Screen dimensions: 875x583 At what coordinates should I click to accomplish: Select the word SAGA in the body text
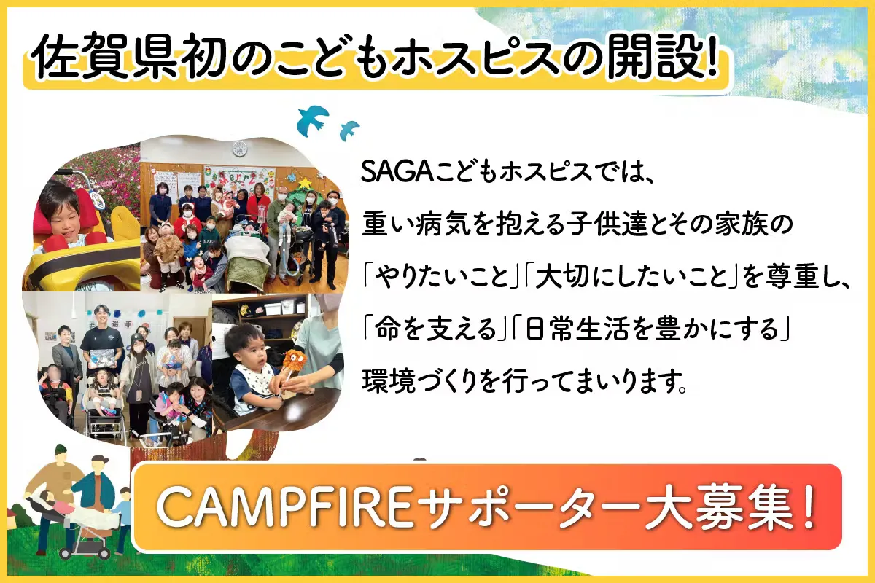[x=397, y=171]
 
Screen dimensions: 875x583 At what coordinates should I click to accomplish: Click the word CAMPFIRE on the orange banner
[x=284, y=507]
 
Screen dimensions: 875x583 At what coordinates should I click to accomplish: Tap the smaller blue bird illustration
[x=349, y=130]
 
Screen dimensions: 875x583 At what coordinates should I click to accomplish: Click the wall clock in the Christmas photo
[x=239, y=149]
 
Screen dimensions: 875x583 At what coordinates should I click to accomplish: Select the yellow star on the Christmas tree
[x=304, y=182]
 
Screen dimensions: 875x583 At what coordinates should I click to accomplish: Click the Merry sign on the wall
[x=238, y=179]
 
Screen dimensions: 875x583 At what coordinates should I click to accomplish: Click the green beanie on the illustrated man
[x=60, y=452]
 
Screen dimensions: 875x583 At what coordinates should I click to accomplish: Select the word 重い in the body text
[x=388, y=224]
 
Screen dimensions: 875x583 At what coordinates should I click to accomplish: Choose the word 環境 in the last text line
[x=388, y=380]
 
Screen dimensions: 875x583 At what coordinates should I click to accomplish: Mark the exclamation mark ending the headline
[x=712, y=55]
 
